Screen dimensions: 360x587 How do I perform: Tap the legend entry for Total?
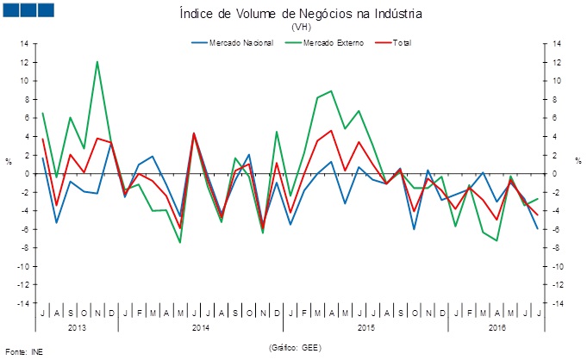pos(402,42)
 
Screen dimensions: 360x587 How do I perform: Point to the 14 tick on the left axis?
pos(24,44)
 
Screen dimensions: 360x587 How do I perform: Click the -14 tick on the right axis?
pos(559,304)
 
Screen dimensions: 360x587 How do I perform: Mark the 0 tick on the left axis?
pos(27,174)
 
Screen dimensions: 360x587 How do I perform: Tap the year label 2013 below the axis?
pos(78,327)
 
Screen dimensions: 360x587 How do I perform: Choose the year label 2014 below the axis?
pos(200,327)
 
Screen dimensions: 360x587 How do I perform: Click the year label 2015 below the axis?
pos(365,327)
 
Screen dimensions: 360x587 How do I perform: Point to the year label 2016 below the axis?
pos(497,327)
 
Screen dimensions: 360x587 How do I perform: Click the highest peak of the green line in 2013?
pos(97,61)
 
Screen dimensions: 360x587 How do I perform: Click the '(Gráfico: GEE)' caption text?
pos(295,347)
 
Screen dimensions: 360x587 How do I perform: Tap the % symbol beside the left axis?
pos(9,161)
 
